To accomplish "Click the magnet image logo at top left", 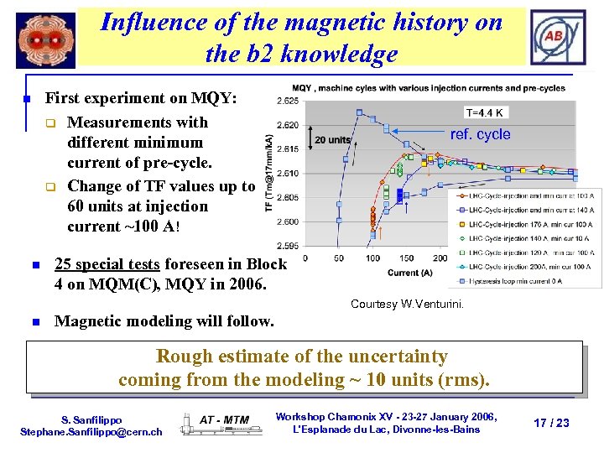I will pyautogui.click(x=45, y=40).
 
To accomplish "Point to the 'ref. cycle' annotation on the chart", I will pyautogui.click(x=480, y=135).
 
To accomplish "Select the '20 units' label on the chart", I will pyautogui.click(x=332, y=139).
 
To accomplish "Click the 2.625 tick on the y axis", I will pyautogui.click(x=287, y=101).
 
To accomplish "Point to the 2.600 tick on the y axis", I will pyautogui.click(x=287, y=222).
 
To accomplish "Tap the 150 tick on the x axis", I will pyautogui.click(x=407, y=258).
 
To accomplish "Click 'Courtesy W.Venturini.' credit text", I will pyautogui.click(x=407, y=304).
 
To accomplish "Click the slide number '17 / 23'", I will pyautogui.click(x=551, y=423).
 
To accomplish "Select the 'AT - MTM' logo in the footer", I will pyautogui.click(x=224, y=419).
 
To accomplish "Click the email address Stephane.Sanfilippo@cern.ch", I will pyautogui.click(x=91, y=431).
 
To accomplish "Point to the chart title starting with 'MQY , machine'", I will pyautogui.click(x=428, y=88).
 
